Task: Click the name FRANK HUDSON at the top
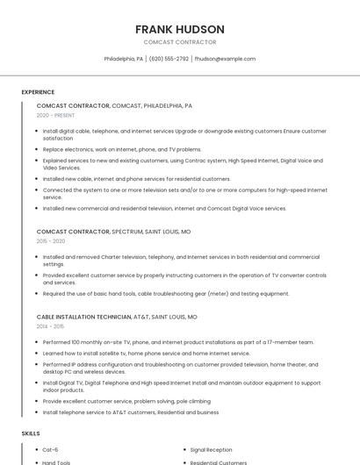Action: point(180,29)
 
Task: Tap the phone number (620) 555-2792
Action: point(169,59)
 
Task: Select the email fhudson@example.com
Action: point(225,59)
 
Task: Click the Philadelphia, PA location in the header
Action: point(123,59)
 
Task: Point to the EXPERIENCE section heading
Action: point(38,92)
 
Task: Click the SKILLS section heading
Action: point(30,433)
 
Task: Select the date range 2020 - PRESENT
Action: point(55,115)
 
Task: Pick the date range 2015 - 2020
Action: point(51,240)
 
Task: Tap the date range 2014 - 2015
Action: point(50,325)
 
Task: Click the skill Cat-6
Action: point(51,449)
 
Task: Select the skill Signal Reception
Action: point(211,449)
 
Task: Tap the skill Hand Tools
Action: point(56,462)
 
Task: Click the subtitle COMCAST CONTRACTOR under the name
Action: point(180,42)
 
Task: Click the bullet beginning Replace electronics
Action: point(121,149)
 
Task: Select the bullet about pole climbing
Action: point(126,401)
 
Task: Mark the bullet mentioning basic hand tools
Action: point(165,294)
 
